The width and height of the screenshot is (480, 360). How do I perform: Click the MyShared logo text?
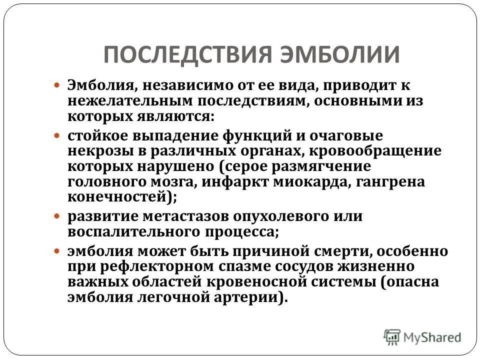click(x=433, y=337)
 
